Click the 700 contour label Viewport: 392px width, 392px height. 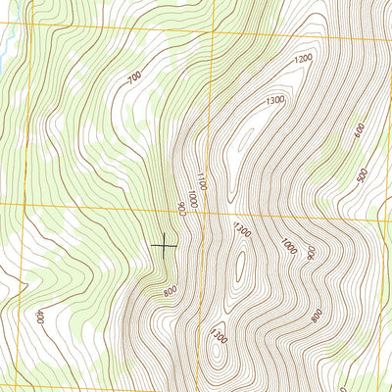coord(135,75)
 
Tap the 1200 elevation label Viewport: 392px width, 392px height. coord(302,59)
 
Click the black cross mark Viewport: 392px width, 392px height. coord(164,246)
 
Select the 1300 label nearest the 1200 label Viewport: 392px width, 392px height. coord(274,100)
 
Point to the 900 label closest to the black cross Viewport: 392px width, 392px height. coord(182,209)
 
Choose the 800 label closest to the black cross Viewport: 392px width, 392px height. coord(171,290)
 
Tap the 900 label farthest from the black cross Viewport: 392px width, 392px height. coord(311,252)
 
